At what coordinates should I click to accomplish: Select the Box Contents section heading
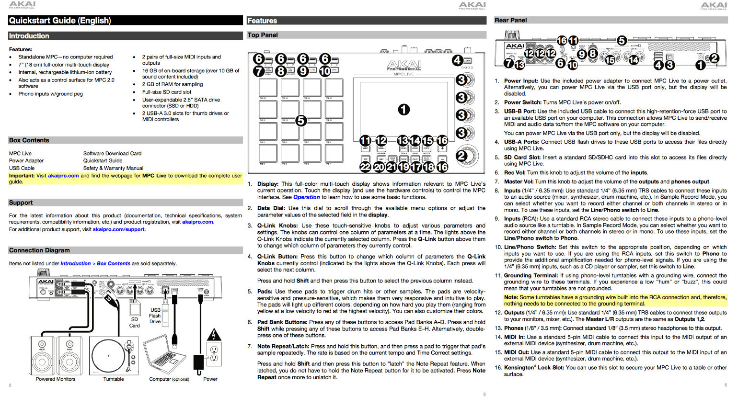click(29, 140)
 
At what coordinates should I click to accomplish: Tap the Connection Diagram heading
click(39, 250)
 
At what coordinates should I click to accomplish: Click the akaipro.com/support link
click(118, 229)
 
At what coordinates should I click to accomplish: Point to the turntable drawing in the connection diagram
click(114, 355)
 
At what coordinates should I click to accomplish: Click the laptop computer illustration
click(166, 355)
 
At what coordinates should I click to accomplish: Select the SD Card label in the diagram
click(134, 322)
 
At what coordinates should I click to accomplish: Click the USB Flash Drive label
click(155, 316)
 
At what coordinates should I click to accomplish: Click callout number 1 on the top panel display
click(404, 110)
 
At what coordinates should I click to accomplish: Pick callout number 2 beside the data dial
click(461, 156)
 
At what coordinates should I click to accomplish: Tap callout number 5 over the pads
click(300, 120)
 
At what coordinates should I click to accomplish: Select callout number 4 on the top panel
click(457, 60)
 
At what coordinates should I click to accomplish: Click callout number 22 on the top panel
click(365, 167)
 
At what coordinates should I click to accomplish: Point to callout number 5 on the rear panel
click(622, 41)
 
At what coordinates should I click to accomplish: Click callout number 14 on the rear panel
click(634, 60)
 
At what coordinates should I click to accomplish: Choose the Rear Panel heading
click(511, 20)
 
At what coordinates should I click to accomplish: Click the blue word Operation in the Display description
click(307, 197)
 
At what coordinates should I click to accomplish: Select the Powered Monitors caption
click(56, 379)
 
